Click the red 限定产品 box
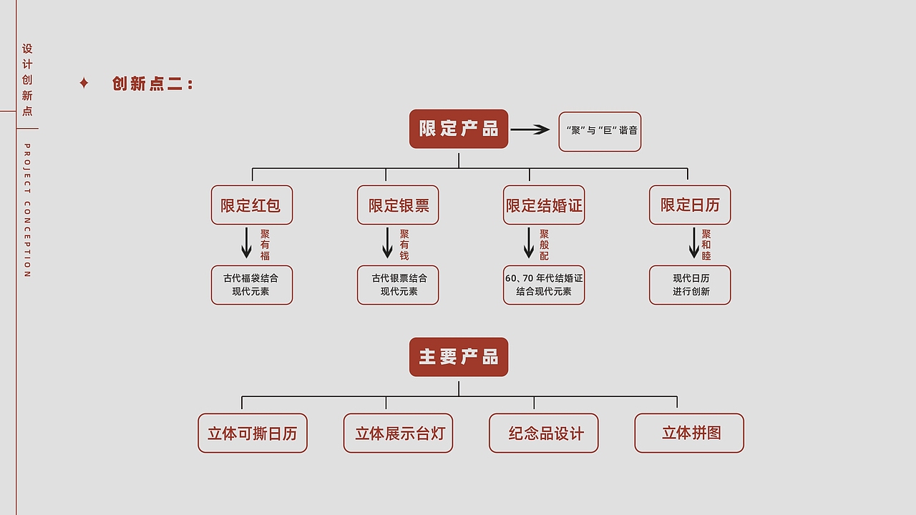[x=459, y=129]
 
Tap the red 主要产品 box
[x=459, y=357]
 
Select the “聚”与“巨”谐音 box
[x=600, y=132]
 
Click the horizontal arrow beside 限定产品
[x=530, y=129]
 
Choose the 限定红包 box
[x=251, y=205]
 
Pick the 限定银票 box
[x=398, y=205]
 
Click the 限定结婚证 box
[x=544, y=205]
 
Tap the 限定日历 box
[x=690, y=205]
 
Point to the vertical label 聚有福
[x=265, y=245]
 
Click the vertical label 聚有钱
[x=404, y=245]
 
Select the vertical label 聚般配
[x=545, y=245]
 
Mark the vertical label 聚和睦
[x=706, y=245]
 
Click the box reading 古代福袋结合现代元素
[x=251, y=285]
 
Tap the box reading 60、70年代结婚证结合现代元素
[x=544, y=285]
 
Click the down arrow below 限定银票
[x=387, y=243]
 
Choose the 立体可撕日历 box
[x=252, y=433]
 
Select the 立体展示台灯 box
[x=398, y=433]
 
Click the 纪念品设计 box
[x=544, y=433]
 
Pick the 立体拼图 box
[x=689, y=433]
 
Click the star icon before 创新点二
[x=84, y=84]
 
